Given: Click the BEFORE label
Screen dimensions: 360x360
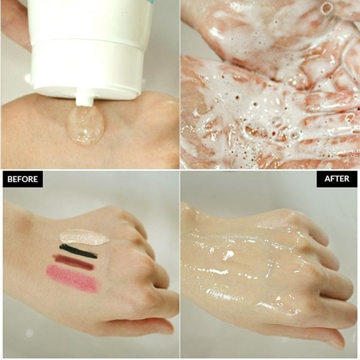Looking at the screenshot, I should pyautogui.click(x=22, y=179).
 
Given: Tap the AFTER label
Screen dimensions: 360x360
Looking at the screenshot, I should pyautogui.click(x=337, y=179).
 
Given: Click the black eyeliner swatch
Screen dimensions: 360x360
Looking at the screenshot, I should pyautogui.click(x=78, y=251).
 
